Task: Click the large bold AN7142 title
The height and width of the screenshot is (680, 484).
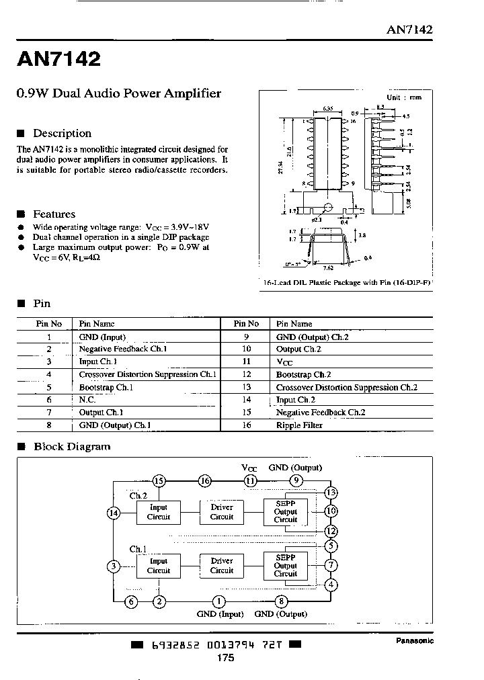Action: click(x=58, y=60)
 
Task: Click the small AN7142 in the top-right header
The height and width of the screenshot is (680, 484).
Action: click(x=409, y=30)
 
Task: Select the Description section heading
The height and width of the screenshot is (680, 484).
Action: click(x=62, y=133)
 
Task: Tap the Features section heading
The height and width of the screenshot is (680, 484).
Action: click(x=54, y=214)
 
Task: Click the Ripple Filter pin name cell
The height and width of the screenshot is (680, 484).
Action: click(x=299, y=425)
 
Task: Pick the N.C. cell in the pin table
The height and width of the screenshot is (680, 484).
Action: click(x=88, y=399)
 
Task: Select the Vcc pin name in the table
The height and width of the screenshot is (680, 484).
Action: click(x=283, y=362)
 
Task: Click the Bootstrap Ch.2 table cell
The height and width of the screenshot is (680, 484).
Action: click(x=303, y=374)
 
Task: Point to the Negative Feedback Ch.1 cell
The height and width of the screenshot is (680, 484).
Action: click(x=122, y=349)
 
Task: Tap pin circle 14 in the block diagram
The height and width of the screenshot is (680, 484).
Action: click(x=113, y=513)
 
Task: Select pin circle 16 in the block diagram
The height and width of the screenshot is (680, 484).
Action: click(x=204, y=480)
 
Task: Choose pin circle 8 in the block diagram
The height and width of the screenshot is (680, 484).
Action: click(x=281, y=601)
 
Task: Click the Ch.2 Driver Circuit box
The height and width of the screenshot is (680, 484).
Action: click(x=221, y=512)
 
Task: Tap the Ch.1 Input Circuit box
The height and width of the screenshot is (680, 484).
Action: click(x=159, y=566)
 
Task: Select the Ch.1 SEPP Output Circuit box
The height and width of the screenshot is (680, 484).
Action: click(x=285, y=565)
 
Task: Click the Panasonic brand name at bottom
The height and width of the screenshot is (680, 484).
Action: click(x=413, y=640)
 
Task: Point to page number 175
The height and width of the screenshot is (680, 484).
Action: click(x=226, y=658)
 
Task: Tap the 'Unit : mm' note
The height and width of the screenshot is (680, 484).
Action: click(x=404, y=97)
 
